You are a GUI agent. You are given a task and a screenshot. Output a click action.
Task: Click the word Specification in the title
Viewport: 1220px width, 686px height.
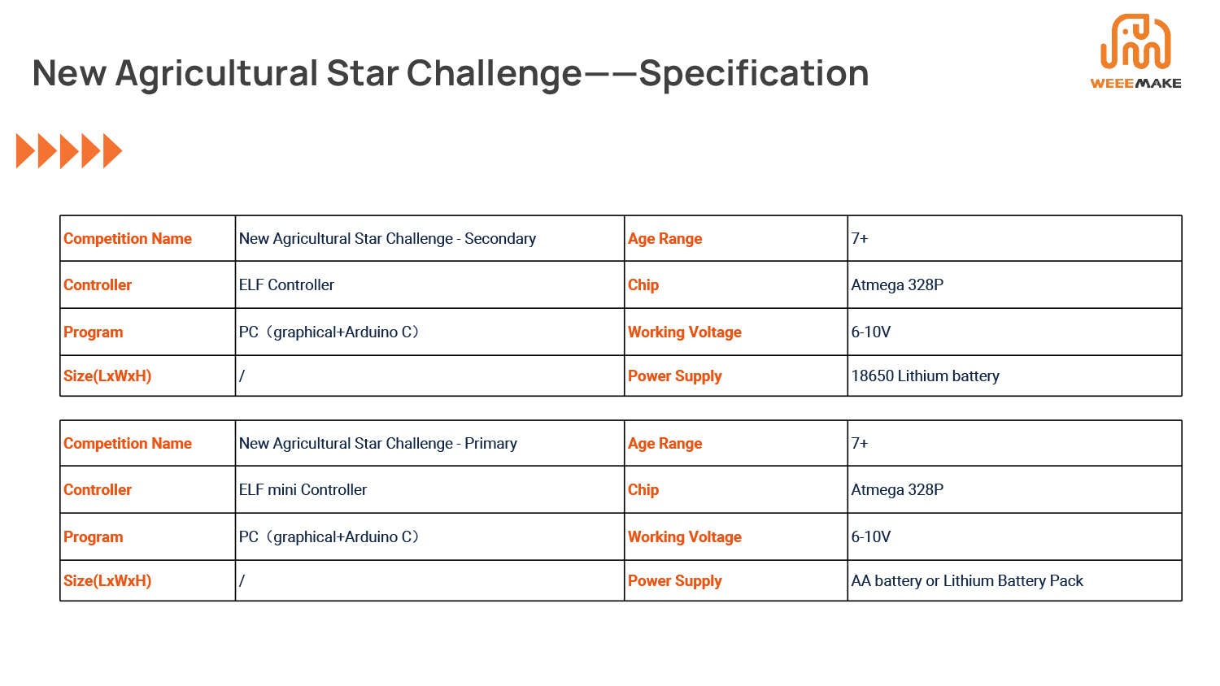(x=754, y=73)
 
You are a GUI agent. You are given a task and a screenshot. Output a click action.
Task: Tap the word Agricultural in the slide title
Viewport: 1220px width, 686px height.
(x=216, y=73)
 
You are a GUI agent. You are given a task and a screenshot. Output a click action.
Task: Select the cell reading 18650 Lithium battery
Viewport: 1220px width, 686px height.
(x=925, y=376)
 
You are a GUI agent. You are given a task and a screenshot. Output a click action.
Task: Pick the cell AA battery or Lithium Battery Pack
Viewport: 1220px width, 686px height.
(x=967, y=581)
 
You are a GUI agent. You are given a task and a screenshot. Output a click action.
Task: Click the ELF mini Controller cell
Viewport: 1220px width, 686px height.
(x=303, y=490)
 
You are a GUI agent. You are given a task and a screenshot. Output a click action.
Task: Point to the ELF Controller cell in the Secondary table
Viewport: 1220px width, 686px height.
(x=286, y=285)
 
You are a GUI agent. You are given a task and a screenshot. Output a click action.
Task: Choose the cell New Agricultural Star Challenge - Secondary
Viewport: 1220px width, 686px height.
(x=387, y=239)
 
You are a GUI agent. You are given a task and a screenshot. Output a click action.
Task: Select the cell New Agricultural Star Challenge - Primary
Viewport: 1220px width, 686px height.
(x=377, y=444)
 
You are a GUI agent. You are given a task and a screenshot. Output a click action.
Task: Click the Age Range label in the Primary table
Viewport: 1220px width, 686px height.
(x=664, y=444)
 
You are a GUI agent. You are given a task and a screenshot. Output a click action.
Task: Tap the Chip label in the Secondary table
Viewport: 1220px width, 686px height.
(x=643, y=285)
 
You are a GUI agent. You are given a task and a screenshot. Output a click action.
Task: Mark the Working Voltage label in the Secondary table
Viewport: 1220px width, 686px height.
(x=684, y=332)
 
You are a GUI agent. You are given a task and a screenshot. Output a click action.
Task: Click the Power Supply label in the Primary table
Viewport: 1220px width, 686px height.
(x=674, y=581)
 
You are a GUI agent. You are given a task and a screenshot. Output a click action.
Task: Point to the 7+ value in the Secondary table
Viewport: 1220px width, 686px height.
(x=860, y=239)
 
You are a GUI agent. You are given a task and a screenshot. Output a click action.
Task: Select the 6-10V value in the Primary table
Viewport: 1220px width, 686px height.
(x=870, y=537)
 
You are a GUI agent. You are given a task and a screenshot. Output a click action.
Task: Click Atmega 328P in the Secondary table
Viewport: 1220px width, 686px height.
(x=897, y=285)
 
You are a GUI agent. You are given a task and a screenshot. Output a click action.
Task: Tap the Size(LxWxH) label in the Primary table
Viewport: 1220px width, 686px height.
(x=107, y=581)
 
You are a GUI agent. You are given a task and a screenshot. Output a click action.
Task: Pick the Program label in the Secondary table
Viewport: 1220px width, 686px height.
(x=94, y=332)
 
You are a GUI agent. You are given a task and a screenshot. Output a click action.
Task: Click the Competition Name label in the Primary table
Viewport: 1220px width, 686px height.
(x=128, y=444)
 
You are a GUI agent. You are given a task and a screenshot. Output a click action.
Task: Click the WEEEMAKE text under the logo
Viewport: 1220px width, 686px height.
(x=1135, y=83)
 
